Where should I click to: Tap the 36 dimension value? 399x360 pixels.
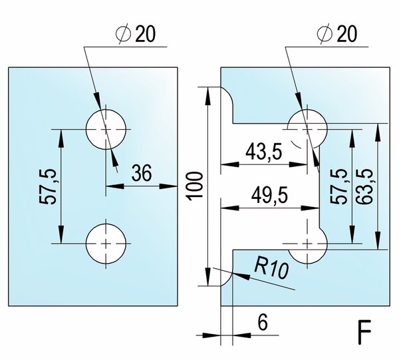142,173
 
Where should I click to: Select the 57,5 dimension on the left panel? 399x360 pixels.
48,186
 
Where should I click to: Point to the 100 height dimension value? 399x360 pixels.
195,186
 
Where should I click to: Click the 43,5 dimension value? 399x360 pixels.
264,152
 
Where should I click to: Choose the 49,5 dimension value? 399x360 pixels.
269,196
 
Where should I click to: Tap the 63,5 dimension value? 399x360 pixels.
364,186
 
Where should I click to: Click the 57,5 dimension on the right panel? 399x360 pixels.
338,186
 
